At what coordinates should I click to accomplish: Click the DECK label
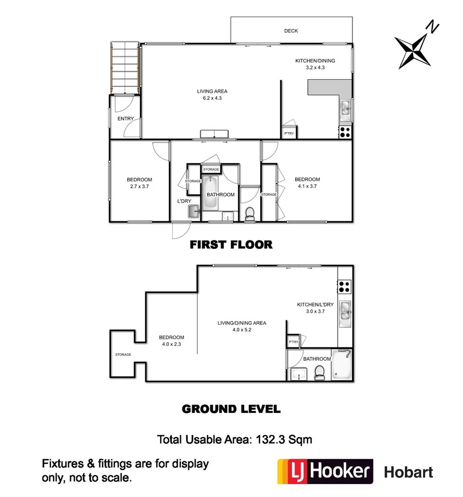[x=291, y=31]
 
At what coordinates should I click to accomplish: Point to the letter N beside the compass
[x=433, y=27]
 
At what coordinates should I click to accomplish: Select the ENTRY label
[x=126, y=119]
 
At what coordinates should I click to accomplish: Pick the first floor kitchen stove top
[x=345, y=132]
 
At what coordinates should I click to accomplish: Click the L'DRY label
[x=184, y=202]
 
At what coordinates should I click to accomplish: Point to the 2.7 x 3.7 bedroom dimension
[x=139, y=186]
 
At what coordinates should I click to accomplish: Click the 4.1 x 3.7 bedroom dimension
[x=307, y=186]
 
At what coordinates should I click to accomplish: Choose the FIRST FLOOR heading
[x=231, y=244]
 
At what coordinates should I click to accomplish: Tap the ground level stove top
[x=345, y=287]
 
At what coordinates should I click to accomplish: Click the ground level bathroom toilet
[x=318, y=373]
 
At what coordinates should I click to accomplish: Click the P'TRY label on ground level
[x=293, y=342]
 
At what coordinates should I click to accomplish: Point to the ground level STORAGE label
[x=123, y=355]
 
